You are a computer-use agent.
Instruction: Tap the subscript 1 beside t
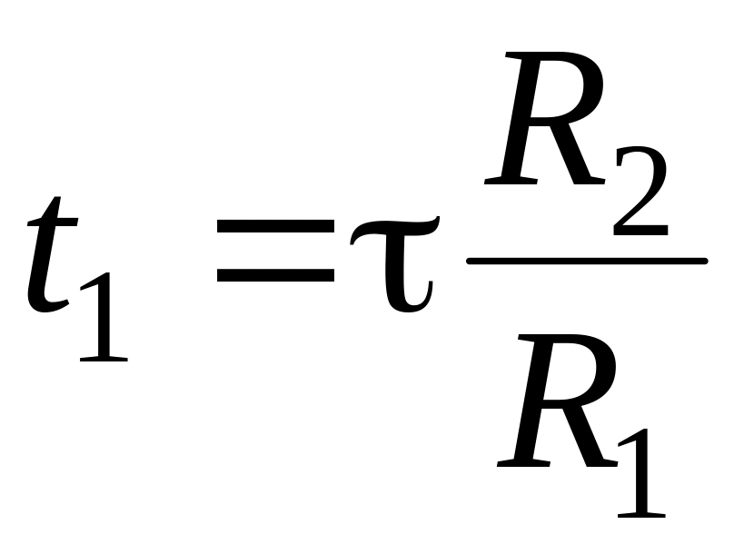[x=104, y=317]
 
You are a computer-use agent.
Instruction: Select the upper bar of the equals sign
[x=275, y=226]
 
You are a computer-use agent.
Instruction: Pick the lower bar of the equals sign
[x=275, y=275]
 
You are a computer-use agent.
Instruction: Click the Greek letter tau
[x=395, y=264]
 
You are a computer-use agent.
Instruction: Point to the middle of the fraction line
[x=588, y=261]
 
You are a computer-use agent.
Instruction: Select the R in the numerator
[x=545, y=118]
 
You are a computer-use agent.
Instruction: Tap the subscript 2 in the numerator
[x=640, y=191]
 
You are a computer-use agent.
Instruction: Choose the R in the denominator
[x=558, y=401]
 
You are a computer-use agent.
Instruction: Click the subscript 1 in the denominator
[x=641, y=473]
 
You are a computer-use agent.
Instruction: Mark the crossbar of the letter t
[x=52, y=222]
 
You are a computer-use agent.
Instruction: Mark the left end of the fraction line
[x=468, y=261]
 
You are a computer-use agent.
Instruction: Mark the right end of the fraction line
[x=707, y=261]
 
